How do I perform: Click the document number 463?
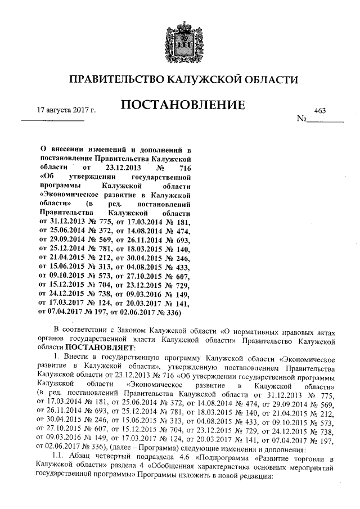click(321, 111)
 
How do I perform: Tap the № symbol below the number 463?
click(301, 120)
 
